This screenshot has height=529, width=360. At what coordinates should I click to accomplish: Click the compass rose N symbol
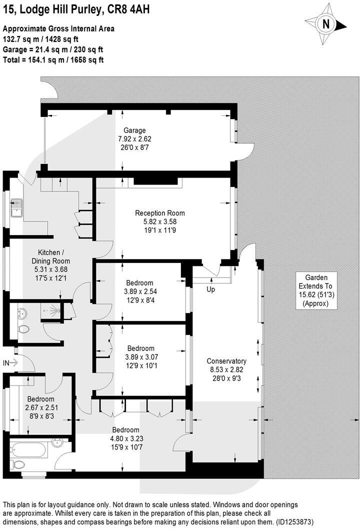coord(326,23)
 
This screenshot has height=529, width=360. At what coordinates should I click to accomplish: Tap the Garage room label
coord(135,130)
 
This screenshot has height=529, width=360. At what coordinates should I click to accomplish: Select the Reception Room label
coord(156,212)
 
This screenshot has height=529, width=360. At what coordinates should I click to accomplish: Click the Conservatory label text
coord(227,361)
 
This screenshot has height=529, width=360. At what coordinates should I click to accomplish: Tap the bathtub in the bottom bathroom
coord(29,448)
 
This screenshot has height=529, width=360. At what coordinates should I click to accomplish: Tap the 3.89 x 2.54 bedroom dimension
coord(140,291)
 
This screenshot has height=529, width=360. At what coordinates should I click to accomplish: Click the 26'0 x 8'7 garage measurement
coord(135,147)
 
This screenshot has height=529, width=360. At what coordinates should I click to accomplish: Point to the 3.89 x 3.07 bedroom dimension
coord(140,357)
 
